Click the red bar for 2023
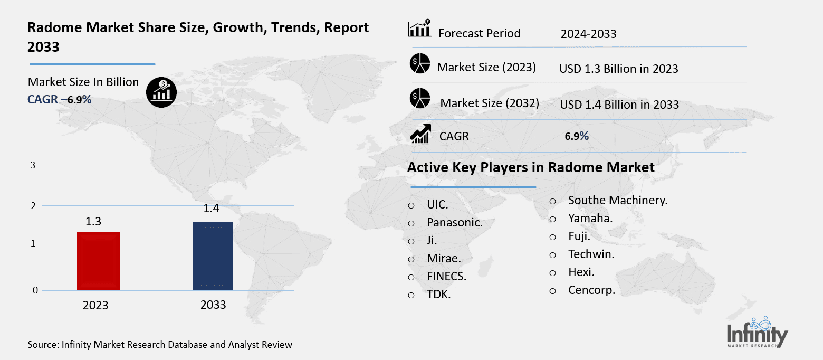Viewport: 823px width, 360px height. tap(98, 261)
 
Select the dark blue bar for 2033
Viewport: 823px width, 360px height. tap(213, 255)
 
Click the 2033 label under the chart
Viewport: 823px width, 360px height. tap(213, 305)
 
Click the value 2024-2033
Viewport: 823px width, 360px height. tap(588, 34)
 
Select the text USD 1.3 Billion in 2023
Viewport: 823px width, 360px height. tap(618, 69)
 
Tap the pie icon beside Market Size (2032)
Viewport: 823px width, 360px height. tap(420, 99)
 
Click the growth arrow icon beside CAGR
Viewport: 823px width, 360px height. tap(420, 134)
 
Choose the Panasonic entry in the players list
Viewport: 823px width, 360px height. tap(455, 223)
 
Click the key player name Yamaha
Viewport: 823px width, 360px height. tap(590, 218)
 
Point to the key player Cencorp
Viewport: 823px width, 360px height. tap(591, 290)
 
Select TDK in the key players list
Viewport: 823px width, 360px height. tap(439, 295)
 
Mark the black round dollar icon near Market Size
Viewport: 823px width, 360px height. tap(161, 92)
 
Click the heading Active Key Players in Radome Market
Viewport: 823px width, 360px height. tap(531, 168)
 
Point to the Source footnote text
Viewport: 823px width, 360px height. tap(160, 345)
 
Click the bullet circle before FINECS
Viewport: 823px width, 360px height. tap(411, 277)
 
